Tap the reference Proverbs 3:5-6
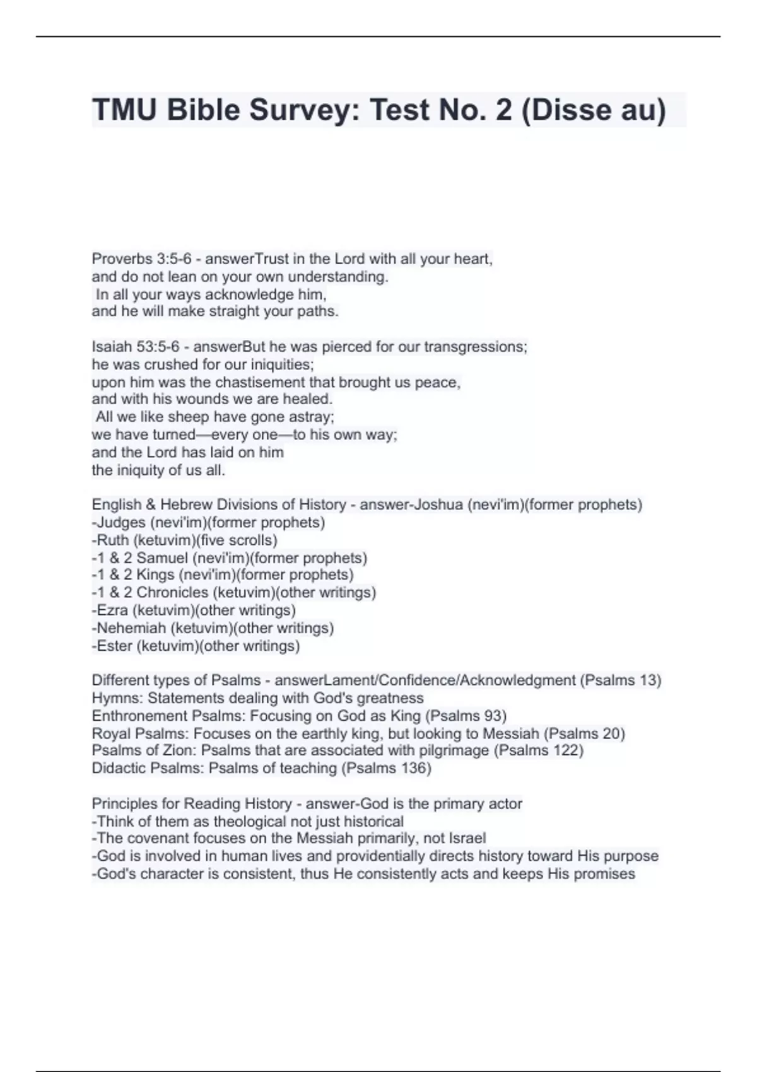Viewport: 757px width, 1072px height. (x=141, y=259)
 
